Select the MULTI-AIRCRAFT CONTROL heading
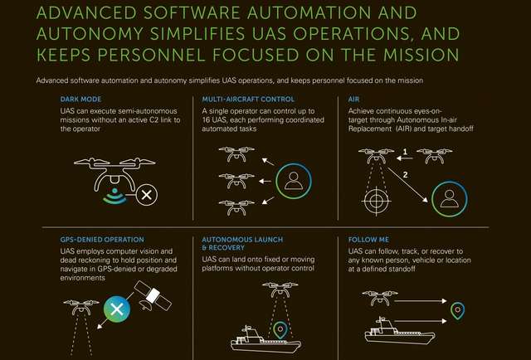coord(241,99)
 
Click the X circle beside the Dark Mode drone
coord(148,196)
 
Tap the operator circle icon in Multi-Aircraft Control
coord(292,181)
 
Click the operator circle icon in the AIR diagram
coord(449,199)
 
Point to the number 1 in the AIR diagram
coord(405,152)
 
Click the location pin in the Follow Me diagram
coord(457,311)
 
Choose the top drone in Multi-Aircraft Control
coord(236,153)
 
